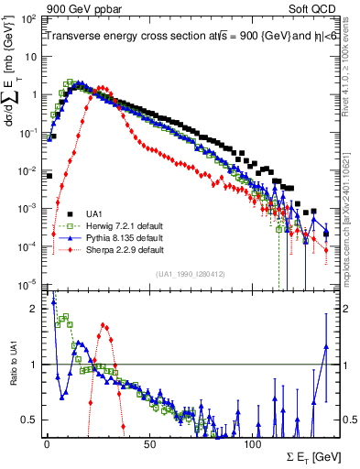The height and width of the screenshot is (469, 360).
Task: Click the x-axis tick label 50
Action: pyautogui.click(x=150, y=443)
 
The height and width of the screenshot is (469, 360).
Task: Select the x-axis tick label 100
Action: pyautogui.click(x=254, y=443)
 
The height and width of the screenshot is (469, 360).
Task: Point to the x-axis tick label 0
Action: pyautogui.click(x=47, y=443)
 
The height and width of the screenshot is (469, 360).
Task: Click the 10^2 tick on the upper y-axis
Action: pyautogui.click(x=29, y=18)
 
